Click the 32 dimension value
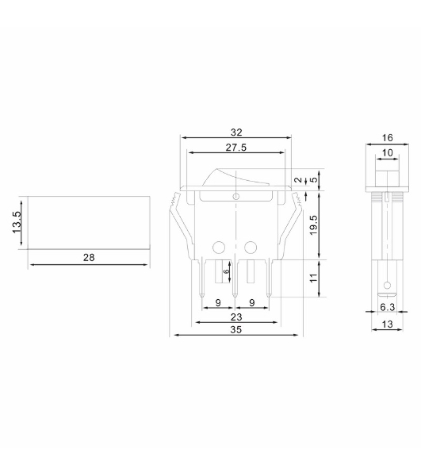(x=236, y=132)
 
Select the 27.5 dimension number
(x=236, y=148)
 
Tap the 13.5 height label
(x=17, y=222)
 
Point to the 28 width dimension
(x=89, y=257)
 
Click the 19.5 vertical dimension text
(x=313, y=225)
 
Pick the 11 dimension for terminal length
(x=314, y=278)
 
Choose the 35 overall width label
(x=236, y=329)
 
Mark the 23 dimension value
(x=236, y=317)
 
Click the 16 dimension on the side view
(x=388, y=138)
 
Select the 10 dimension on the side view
(x=388, y=152)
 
